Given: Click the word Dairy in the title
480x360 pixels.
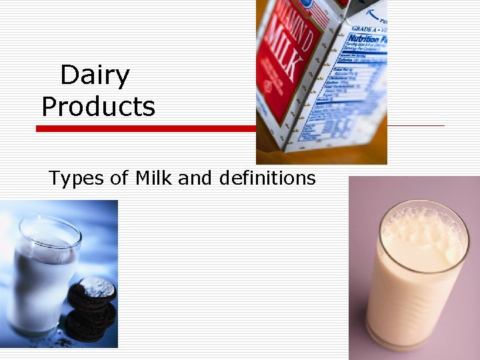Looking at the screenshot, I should (x=95, y=76).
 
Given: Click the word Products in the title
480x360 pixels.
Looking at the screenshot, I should (x=98, y=107).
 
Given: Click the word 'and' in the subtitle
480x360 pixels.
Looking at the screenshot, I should (x=197, y=179).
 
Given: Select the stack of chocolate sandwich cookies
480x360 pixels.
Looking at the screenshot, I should (x=91, y=309).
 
